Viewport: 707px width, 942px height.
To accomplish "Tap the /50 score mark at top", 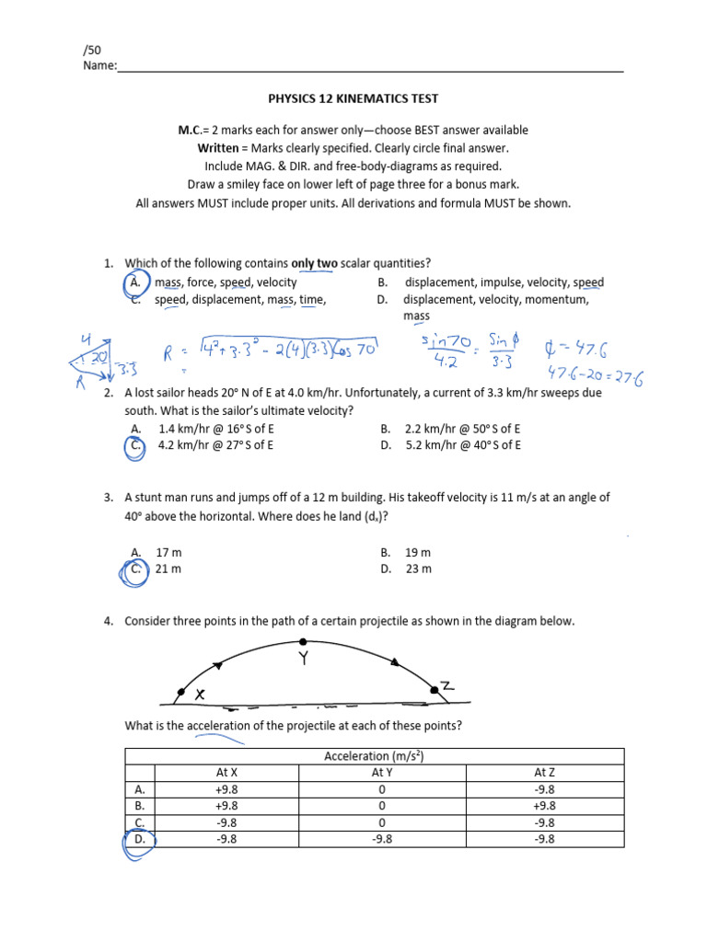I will [x=93, y=49].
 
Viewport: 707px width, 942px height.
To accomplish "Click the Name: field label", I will [x=100, y=65].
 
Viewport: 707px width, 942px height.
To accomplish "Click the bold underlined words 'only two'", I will [x=315, y=264].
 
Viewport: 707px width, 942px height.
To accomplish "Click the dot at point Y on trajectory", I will [x=303, y=642].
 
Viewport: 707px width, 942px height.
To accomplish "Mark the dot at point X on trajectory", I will [x=180, y=692].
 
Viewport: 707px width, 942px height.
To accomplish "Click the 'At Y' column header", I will [x=380, y=773].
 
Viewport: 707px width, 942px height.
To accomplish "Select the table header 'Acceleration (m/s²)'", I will [x=374, y=756].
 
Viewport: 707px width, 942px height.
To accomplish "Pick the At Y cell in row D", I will [x=380, y=839].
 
